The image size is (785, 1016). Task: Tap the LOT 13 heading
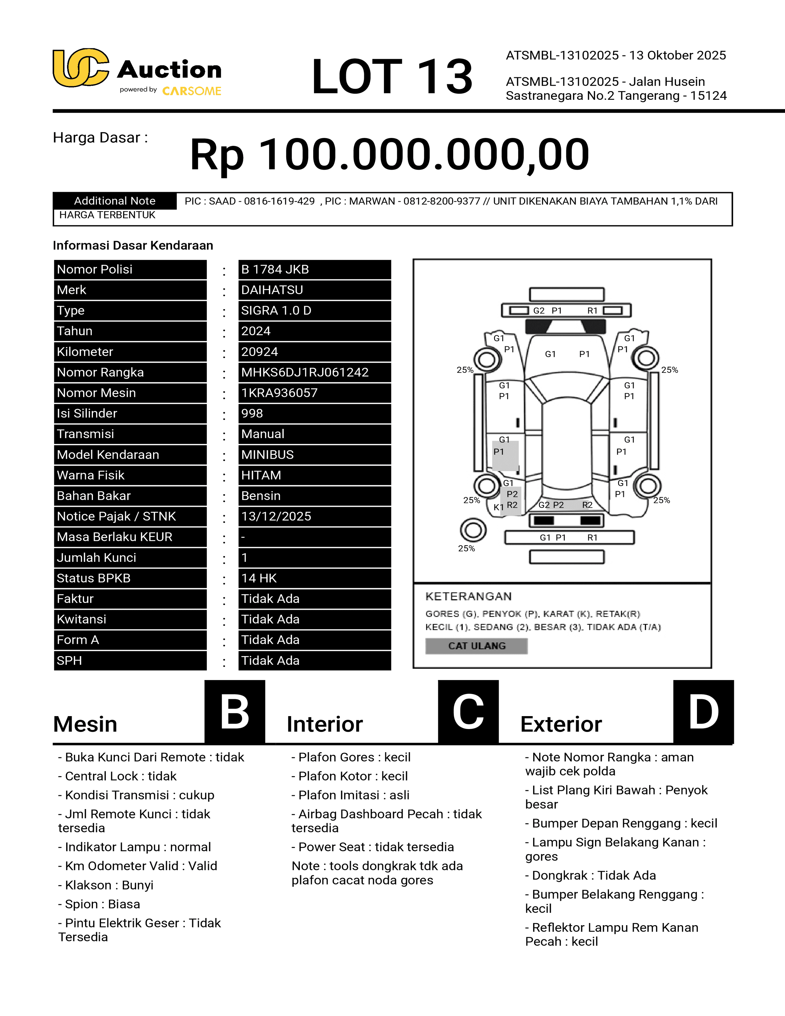[x=392, y=76]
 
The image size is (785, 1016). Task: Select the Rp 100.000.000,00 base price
[x=390, y=155]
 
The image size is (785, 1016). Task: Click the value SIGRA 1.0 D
[x=276, y=310]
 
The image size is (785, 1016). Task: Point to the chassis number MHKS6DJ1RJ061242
[x=304, y=372]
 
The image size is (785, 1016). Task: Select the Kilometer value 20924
[x=260, y=352]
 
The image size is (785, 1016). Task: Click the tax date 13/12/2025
[x=276, y=516]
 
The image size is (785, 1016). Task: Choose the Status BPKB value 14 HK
[x=259, y=578]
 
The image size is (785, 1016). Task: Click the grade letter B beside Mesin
[x=235, y=712]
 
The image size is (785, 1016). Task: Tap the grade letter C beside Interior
[x=468, y=712]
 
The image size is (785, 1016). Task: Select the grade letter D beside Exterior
[x=703, y=712]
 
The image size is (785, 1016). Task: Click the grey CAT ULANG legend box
[x=476, y=646]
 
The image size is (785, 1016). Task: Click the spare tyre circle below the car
[x=473, y=530]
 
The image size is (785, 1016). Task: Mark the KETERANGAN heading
[x=468, y=596]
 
